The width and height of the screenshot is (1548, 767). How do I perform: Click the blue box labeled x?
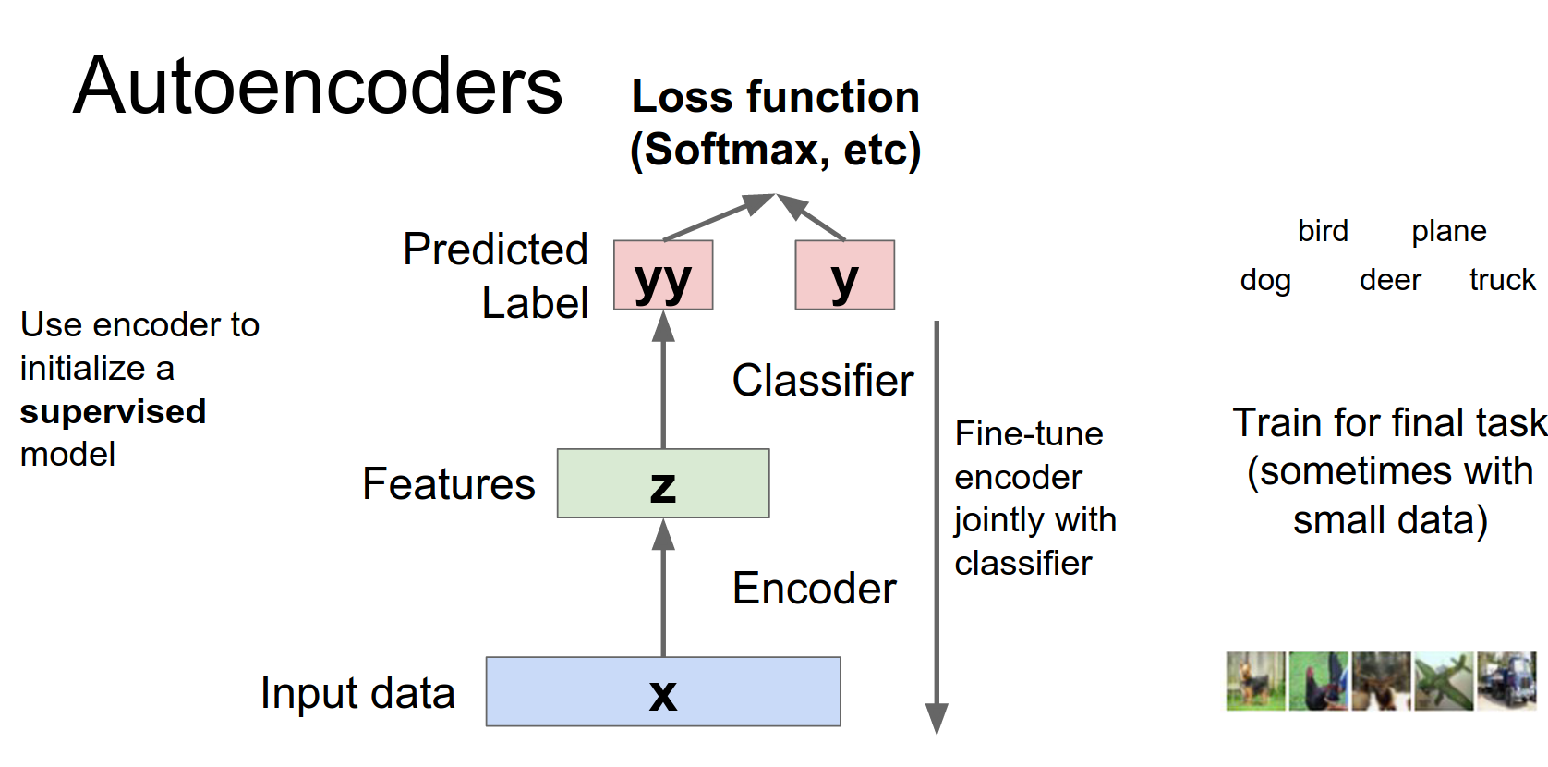point(662,691)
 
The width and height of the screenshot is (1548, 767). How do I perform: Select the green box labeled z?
point(662,483)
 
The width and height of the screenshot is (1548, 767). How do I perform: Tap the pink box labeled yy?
point(662,275)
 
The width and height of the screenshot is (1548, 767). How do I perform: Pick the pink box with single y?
point(844,275)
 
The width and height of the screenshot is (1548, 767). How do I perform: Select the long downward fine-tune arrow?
point(937,527)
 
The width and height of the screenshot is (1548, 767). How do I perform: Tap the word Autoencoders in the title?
point(318,86)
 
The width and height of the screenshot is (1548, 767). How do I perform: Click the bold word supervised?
point(113,411)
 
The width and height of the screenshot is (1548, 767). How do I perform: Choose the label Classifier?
point(822,381)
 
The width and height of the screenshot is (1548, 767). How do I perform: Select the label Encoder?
point(814,589)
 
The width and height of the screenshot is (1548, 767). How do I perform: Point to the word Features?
point(448,484)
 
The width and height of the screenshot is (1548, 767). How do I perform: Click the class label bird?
point(1323,231)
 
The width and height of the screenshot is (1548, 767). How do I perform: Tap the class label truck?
point(1502,280)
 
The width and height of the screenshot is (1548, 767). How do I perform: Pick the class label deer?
point(1390,280)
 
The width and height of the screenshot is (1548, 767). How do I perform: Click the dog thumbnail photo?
point(1255,681)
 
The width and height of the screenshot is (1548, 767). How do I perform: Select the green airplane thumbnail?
point(1444,681)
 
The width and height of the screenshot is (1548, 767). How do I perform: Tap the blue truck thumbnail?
point(1506,681)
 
